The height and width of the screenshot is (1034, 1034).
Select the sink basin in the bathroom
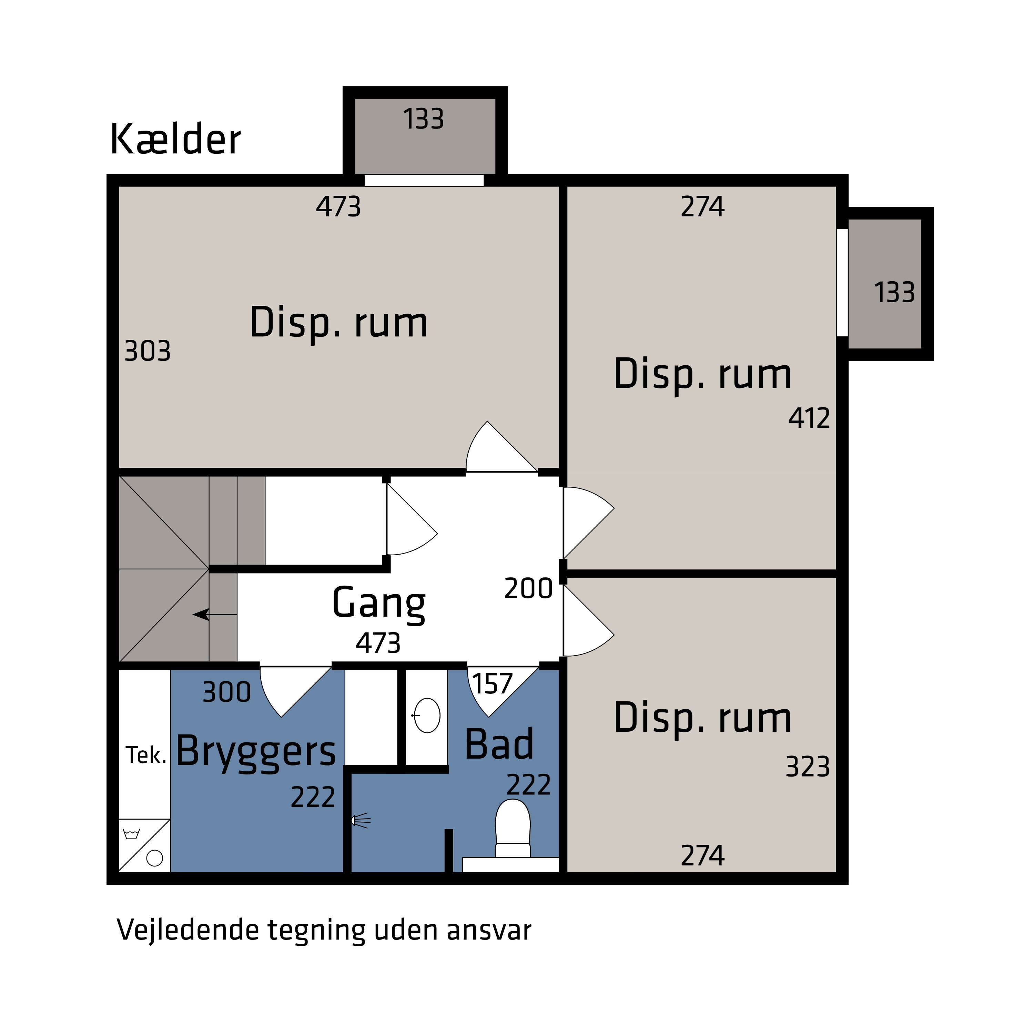[427, 716]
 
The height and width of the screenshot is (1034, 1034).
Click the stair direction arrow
[202, 615]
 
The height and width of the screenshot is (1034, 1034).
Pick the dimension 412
[809, 418]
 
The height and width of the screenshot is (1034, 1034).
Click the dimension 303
[147, 352]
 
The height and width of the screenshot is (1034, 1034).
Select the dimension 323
[807, 767]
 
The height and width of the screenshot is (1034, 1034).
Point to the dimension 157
[492, 684]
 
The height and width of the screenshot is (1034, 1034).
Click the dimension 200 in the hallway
[528, 589]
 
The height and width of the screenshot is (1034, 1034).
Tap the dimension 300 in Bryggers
[226, 692]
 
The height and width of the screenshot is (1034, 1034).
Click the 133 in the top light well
[423, 119]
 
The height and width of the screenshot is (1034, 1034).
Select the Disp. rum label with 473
[339, 323]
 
